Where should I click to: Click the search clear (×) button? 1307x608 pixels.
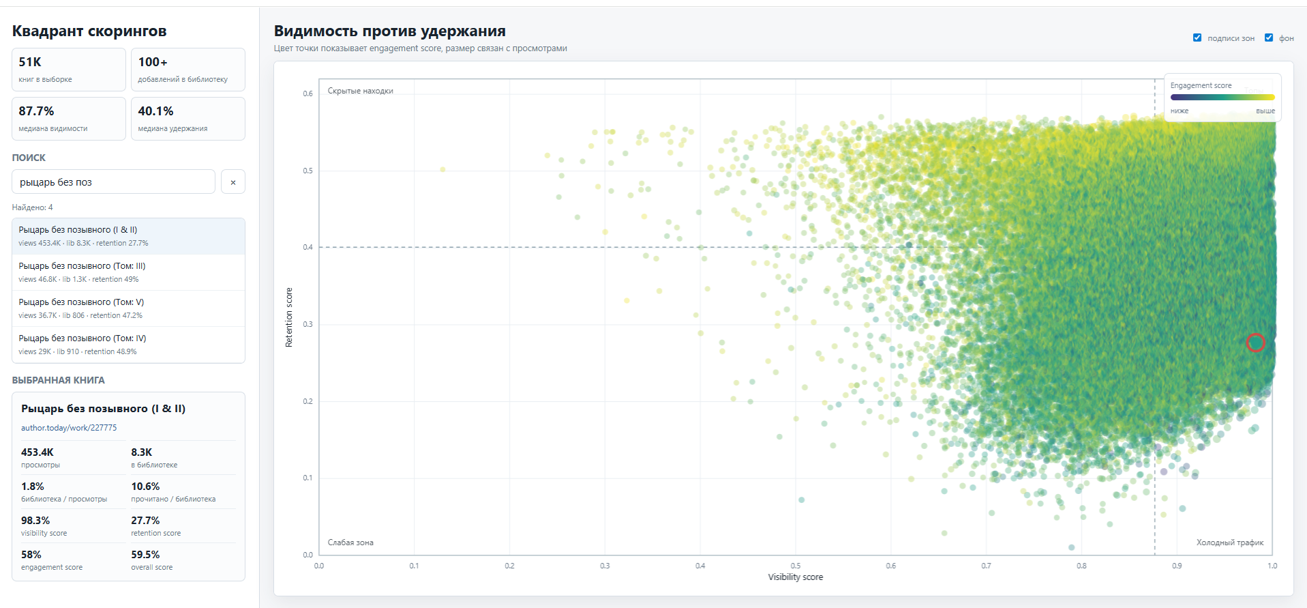click(233, 182)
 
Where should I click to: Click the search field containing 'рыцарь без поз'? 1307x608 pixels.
click(113, 182)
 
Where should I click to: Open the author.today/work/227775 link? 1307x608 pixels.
click(69, 428)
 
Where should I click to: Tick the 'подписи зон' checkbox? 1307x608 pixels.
click(1197, 38)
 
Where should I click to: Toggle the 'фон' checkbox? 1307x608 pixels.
click(1269, 38)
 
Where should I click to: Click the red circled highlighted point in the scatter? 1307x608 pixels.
click(1255, 343)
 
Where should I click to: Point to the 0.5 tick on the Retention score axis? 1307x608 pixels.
click(308, 171)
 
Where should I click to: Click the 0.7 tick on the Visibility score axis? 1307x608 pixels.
click(986, 566)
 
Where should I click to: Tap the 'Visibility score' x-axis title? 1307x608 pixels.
click(796, 577)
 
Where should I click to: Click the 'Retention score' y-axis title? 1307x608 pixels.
click(289, 317)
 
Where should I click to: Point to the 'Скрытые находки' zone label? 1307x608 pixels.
click(360, 91)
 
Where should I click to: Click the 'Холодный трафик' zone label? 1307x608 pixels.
click(1230, 542)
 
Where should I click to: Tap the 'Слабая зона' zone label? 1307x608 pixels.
click(350, 542)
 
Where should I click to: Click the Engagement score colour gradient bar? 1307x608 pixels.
click(1222, 97)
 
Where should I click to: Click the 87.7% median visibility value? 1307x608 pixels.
click(36, 111)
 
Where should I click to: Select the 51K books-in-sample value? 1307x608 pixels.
click(30, 62)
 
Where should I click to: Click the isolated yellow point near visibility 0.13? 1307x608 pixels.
click(442, 169)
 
